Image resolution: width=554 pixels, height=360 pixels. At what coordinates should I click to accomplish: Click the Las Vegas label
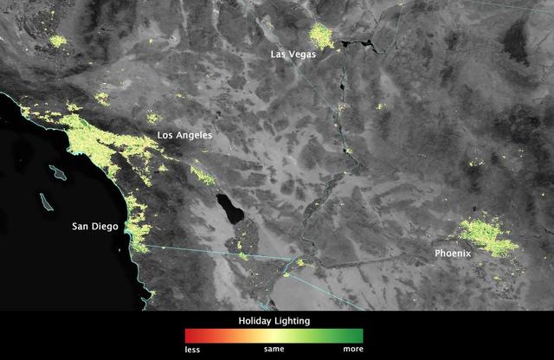pos(293,54)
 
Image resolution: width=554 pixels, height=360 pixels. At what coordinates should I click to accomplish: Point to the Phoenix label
pos(455,254)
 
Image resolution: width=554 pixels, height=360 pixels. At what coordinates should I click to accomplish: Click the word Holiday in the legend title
pos(256,320)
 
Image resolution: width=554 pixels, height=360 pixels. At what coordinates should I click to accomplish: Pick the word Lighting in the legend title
pos(293,320)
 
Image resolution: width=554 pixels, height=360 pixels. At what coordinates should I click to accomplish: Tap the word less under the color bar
pos(191,350)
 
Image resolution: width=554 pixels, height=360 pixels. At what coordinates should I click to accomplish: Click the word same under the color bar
pos(274,350)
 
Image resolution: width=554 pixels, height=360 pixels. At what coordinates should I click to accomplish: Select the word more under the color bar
pos(352,350)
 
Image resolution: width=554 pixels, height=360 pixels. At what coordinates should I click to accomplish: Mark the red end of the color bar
pos(189,335)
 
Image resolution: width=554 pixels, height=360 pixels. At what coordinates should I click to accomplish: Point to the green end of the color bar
pos(358,335)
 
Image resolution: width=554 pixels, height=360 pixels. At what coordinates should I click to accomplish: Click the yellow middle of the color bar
pos(274,335)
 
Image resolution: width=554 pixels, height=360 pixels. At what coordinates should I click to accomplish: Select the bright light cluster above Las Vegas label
pos(320,35)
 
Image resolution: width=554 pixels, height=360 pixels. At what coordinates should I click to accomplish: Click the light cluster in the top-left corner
pos(59,41)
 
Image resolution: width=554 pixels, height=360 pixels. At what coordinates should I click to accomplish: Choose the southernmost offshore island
pos(43,201)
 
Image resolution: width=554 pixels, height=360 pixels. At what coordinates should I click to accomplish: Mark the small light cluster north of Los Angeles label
pos(154,117)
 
